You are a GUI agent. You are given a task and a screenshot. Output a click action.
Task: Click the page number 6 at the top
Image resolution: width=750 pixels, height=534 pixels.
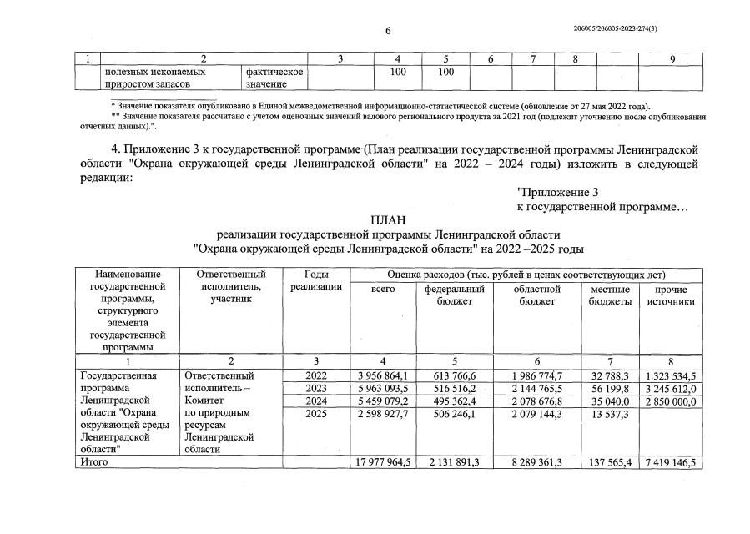coord(388,32)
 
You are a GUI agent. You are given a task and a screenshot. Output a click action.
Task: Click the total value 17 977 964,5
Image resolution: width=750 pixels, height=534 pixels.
coord(380,461)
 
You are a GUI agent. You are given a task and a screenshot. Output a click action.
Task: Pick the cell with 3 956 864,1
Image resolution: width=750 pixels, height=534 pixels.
coord(380,376)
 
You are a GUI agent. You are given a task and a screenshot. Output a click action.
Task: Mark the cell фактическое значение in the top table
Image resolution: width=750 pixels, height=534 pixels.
coord(273,78)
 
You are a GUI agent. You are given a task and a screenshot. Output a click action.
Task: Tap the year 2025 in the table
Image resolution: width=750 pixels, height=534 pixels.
coord(316,413)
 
